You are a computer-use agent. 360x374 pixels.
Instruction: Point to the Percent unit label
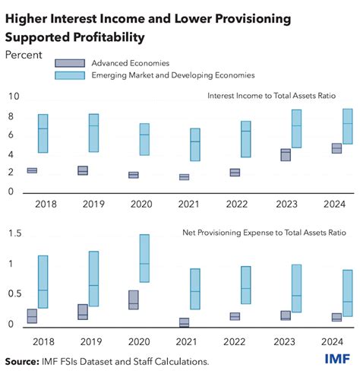pyautogui.click(x=24, y=55)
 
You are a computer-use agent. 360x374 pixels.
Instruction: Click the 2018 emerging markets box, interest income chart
pyautogui.click(x=43, y=133)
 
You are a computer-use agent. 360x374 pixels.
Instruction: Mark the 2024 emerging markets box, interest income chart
pyautogui.click(x=347, y=126)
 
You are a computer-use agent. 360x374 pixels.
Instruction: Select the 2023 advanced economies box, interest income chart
pyautogui.click(x=286, y=154)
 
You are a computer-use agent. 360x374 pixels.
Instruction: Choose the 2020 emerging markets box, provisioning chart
pyautogui.click(x=144, y=258)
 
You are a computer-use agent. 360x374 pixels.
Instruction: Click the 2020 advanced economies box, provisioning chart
pyautogui.click(x=134, y=300)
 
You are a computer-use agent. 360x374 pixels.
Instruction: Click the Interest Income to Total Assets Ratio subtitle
pyautogui.click(x=279, y=96)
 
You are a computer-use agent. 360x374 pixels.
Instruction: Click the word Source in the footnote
pyautogui.click(x=23, y=361)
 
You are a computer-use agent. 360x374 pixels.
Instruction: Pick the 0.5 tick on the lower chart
pyautogui.click(x=12, y=294)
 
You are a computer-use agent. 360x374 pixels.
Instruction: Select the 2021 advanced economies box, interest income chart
pyautogui.click(x=184, y=177)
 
